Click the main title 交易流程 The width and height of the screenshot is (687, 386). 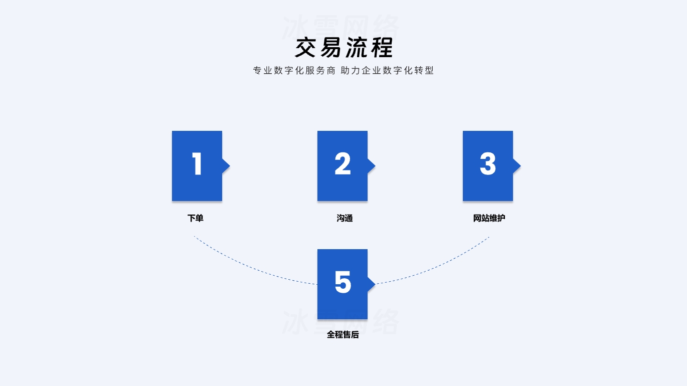point(344,48)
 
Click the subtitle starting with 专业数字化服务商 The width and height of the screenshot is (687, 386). point(344,71)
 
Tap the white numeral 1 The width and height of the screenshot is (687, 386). point(197,164)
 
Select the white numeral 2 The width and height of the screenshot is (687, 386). point(342,164)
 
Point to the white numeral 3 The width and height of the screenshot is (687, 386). point(488,164)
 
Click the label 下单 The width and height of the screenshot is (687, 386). point(196,218)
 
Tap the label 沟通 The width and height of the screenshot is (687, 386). point(345,218)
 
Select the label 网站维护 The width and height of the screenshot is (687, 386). point(489,218)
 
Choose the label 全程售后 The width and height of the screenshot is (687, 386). point(343,334)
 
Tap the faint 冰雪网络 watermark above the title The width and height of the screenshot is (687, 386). point(341,26)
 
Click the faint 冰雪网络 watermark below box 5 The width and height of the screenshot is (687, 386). point(341,322)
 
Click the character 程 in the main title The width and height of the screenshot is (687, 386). point(381,48)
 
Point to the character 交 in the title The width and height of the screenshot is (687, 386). point(306,48)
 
